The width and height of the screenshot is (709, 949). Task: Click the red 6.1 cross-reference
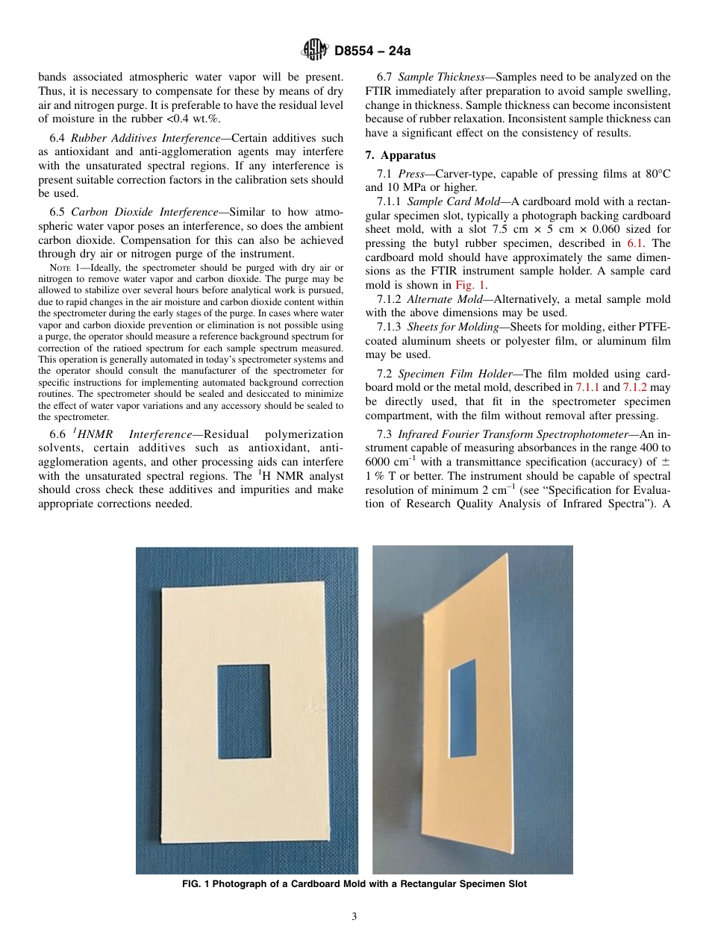(x=635, y=243)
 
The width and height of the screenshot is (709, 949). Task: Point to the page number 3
(x=354, y=916)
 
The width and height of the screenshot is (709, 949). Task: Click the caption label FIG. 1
(x=196, y=884)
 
